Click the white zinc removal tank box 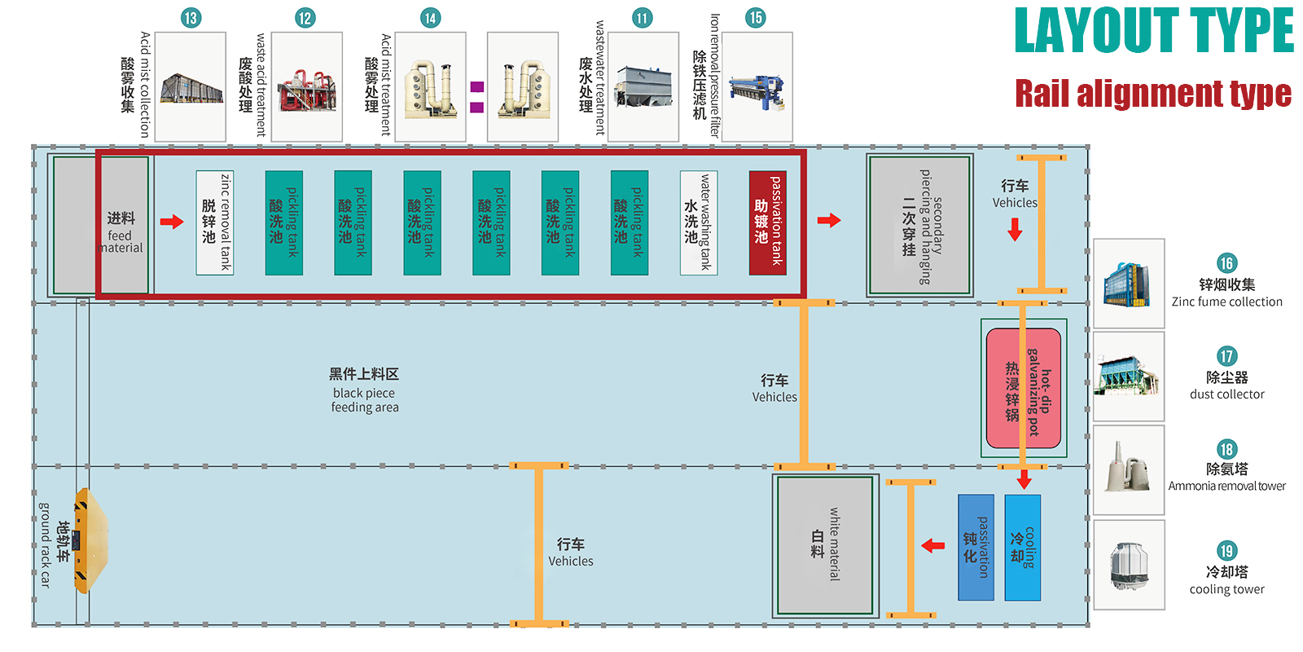coord(215,222)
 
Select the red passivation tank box coord(768,222)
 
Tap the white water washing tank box coord(699,222)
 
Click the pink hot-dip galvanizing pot coord(1024,389)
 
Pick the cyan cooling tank coord(1023,548)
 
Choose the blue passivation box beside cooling coord(976,548)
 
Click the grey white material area coord(825,545)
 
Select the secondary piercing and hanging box coord(920,226)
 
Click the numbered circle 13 coord(191,18)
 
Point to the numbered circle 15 coord(756,17)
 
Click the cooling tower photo coord(1129,565)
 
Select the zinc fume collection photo coord(1129,284)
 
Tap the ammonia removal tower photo coord(1129,469)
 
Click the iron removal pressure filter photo coord(757,87)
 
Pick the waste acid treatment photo coord(306,87)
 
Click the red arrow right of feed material coord(172,222)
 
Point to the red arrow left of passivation coord(933,545)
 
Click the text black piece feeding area coord(364,391)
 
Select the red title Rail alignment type coord(1152,94)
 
